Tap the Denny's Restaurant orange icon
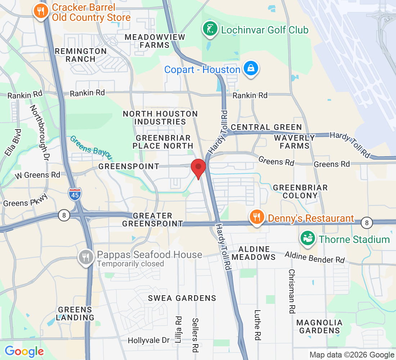256,217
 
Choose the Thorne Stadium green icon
308,238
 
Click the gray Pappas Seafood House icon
86,257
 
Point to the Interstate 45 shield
75,194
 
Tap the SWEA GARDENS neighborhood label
182,298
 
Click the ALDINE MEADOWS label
253,253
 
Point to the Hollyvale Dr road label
149,340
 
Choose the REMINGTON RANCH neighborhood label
81,55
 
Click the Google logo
24,351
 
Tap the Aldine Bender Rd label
315,257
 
